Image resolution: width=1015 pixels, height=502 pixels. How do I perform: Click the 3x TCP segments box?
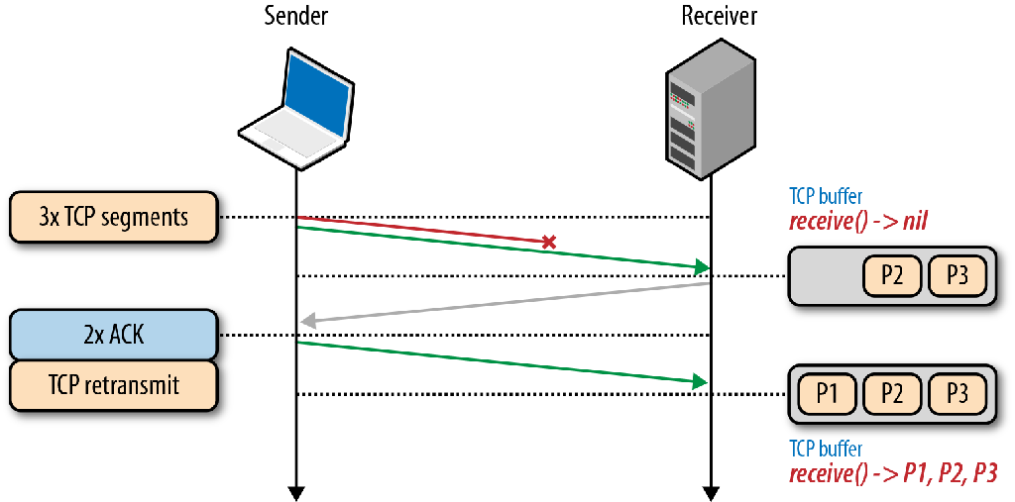pyautogui.click(x=113, y=217)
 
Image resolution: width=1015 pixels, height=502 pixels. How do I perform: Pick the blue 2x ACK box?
pyautogui.click(x=113, y=335)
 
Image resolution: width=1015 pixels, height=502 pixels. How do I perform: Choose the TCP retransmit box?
pyautogui.click(x=113, y=384)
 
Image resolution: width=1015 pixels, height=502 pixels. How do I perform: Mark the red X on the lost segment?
pyautogui.click(x=547, y=242)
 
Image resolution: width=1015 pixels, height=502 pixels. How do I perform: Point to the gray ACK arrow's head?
pyautogui.click(x=307, y=321)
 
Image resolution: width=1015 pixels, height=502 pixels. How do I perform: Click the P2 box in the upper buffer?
pyautogui.click(x=892, y=275)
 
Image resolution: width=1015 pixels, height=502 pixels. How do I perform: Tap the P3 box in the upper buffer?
pyautogui.click(x=957, y=275)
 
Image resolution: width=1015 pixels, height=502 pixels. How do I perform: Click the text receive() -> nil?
pyautogui.click(x=857, y=221)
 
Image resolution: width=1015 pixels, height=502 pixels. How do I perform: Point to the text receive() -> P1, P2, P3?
pyautogui.click(x=892, y=473)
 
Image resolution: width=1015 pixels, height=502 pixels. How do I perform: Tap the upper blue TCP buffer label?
pyautogui.click(x=826, y=196)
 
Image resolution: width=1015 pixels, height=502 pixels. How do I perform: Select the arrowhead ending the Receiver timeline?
pyautogui.click(x=711, y=492)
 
